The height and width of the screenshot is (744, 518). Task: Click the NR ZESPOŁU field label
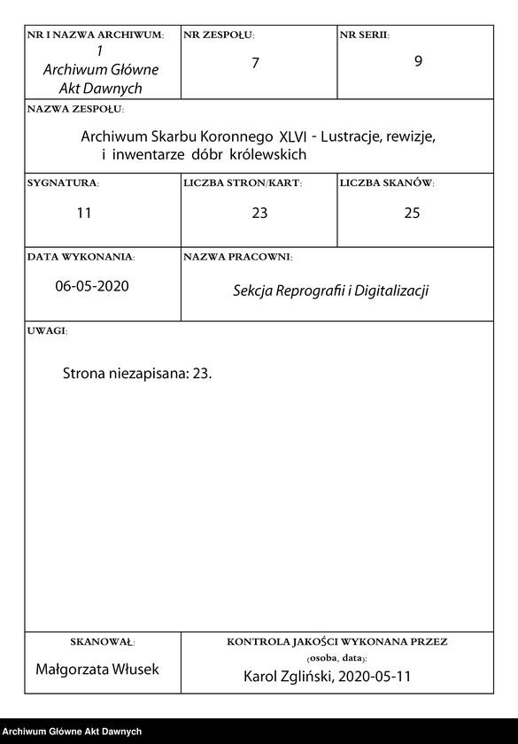[219, 35]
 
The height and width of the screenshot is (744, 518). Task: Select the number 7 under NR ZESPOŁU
[255, 63]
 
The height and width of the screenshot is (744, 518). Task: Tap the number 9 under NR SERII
[418, 61]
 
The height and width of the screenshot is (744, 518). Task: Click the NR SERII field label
[364, 35]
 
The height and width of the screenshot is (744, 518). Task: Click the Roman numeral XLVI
[293, 137]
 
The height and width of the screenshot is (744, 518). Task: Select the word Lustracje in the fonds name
[354, 137]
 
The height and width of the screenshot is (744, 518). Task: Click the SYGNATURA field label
[63, 182]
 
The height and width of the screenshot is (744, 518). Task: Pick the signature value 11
[84, 213]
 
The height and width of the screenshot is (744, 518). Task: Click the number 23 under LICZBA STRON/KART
[259, 213]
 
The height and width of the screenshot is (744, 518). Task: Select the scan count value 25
[412, 213]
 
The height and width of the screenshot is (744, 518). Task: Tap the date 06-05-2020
[91, 286]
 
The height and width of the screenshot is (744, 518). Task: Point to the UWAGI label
[47, 330]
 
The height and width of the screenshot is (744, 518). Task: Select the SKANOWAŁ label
[102, 641]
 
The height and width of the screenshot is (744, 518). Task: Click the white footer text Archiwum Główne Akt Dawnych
[72, 732]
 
